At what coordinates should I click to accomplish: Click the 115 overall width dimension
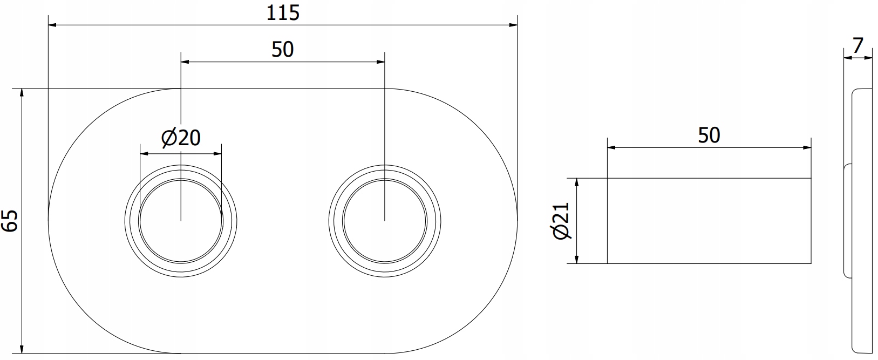(x=283, y=13)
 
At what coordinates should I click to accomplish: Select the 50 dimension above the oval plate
(x=282, y=50)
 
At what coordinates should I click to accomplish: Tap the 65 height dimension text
(x=10, y=220)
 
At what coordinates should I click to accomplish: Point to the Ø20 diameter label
(x=181, y=138)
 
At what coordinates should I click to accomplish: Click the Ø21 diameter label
(x=561, y=220)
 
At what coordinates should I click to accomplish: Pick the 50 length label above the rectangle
(x=709, y=135)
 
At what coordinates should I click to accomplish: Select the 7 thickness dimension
(x=857, y=46)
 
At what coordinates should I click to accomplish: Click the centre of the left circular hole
(x=181, y=221)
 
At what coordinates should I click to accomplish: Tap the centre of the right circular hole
(x=385, y=221)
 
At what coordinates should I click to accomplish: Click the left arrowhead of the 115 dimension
(x=52, y=25)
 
